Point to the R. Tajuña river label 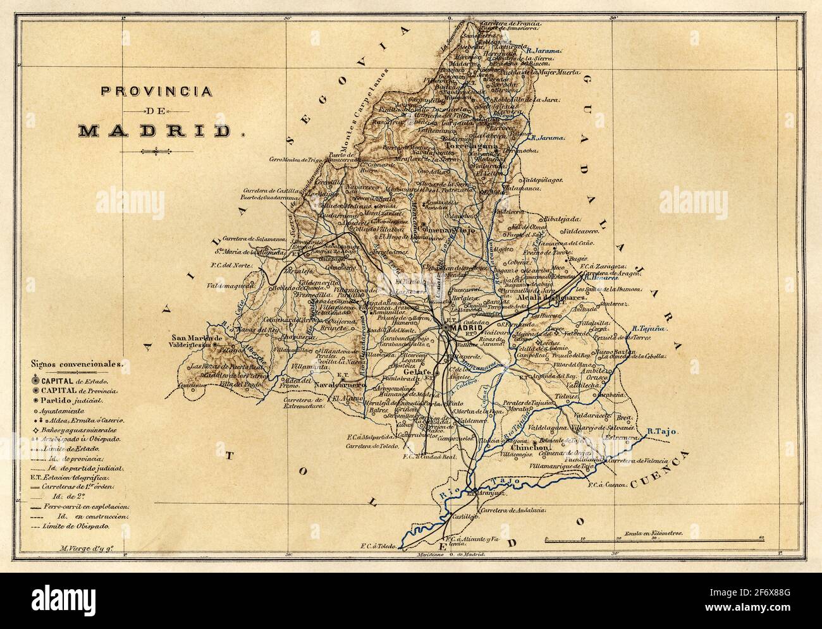pyautogui.click(x=646, y=329)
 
